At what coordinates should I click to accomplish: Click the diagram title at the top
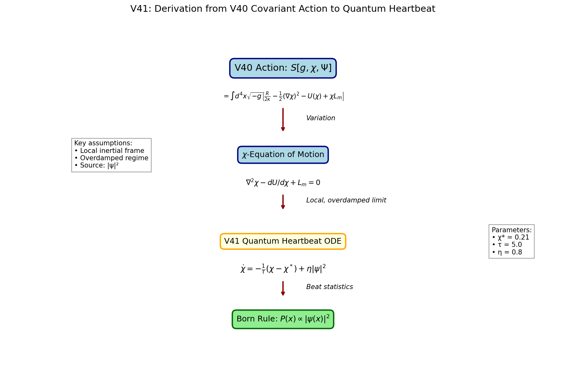tap(283, 9)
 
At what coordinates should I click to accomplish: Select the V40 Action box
tap(283, 68)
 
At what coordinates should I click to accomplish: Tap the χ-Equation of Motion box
tap(283, 155)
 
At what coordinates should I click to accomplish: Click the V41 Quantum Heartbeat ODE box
tap(283, 241)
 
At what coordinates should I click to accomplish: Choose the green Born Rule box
tap(283, 319)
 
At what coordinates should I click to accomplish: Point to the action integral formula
tap(283, 96)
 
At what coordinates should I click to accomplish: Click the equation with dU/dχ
tap(283, 183)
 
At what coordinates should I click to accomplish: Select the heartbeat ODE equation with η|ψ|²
tap(283, 269)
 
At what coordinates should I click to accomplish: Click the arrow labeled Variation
tap(283, 120)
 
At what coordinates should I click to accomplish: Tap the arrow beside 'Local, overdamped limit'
tap(283, 202)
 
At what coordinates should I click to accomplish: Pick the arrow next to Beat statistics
tap(283, 288)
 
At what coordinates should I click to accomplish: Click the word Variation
tap(321, 118)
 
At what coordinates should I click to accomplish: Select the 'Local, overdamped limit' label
tap(346, 201)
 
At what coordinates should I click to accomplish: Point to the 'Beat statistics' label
tap(329, 287)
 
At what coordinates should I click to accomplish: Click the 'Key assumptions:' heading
tap(103, 143)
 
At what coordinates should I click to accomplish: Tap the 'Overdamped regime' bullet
tap(111, 158)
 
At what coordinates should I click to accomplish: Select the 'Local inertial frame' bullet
tap(109, 151)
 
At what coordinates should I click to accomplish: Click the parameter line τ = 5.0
tap(507, 245)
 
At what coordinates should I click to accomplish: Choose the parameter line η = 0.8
tap(507, 253)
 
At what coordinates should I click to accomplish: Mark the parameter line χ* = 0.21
tap(511, 237)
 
